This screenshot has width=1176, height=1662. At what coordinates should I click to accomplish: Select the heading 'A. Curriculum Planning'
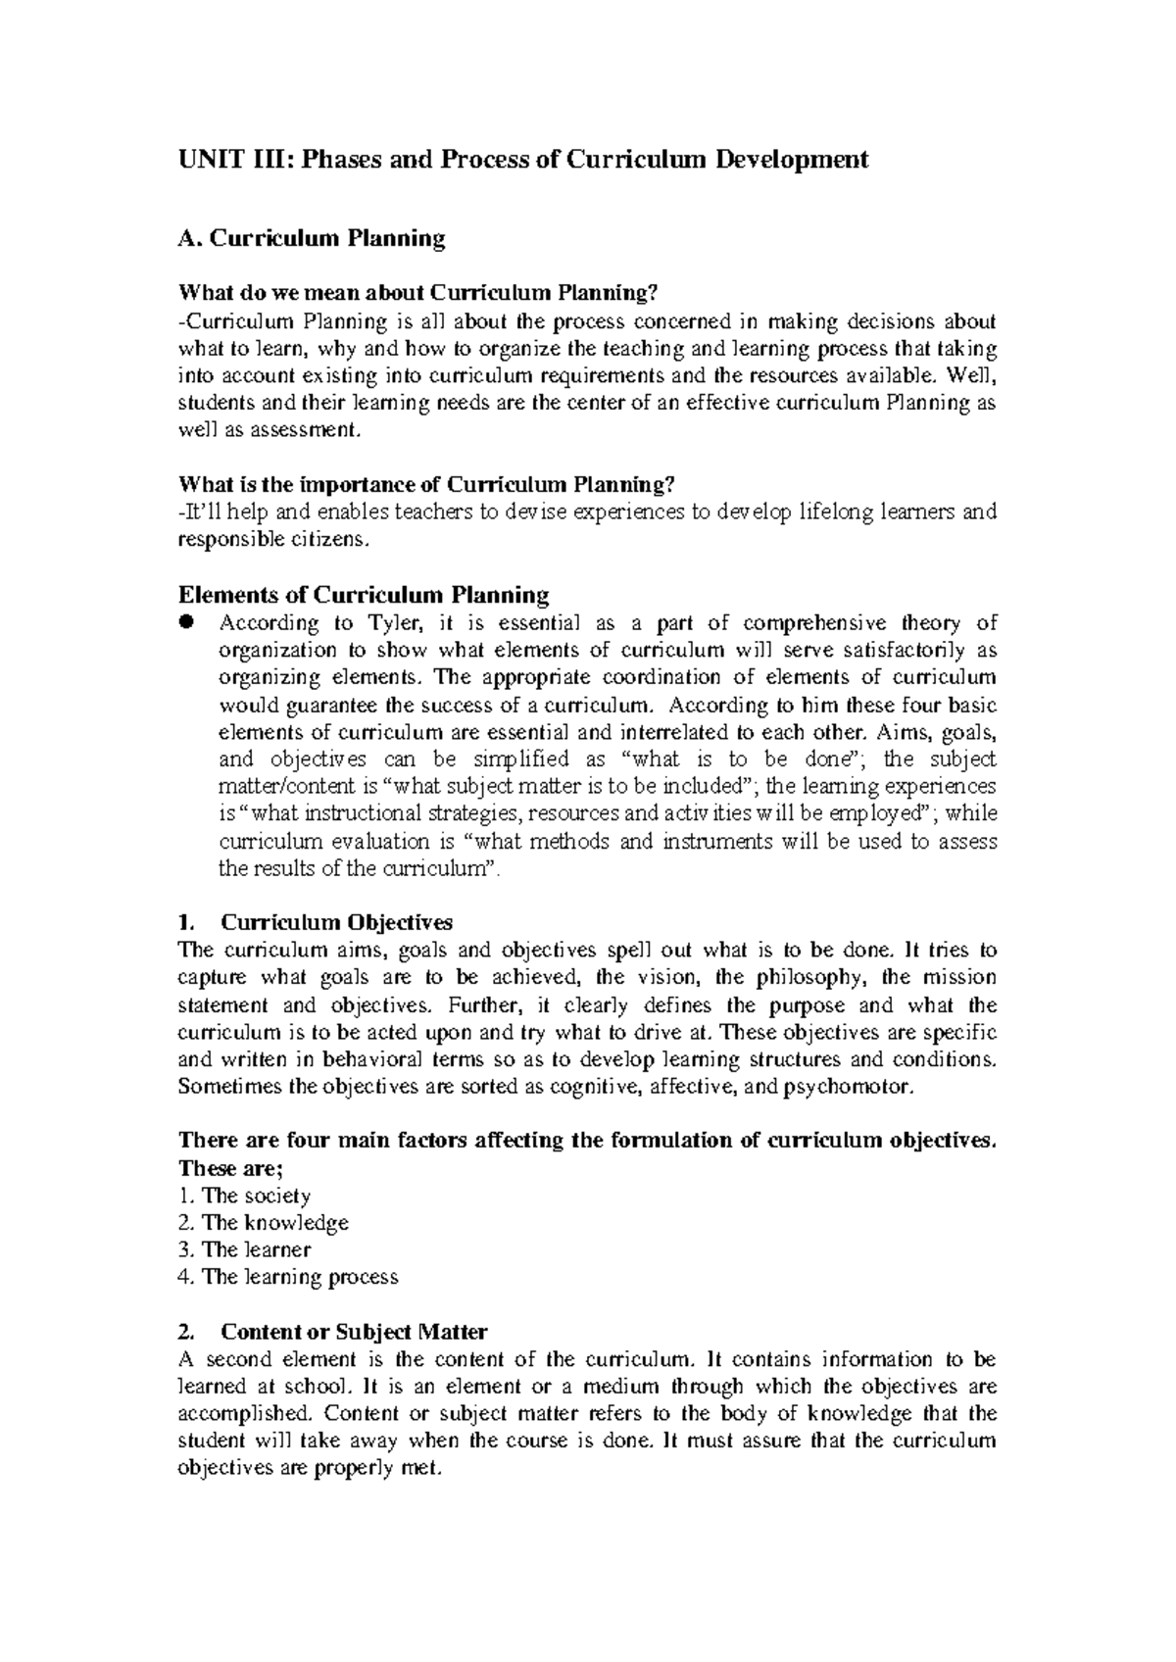click(x=311, y=238)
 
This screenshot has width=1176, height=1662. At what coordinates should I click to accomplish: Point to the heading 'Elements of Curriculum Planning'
click(x=363, y=595)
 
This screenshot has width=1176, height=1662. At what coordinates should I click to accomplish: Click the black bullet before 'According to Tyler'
click(x=186, y=622)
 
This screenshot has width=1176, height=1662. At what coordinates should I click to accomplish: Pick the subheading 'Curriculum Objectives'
click(x=337, y=922)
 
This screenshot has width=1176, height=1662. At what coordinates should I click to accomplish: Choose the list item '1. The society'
click(x=244, y=1196)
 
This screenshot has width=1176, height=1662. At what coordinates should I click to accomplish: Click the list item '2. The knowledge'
click(x=263, y=1223)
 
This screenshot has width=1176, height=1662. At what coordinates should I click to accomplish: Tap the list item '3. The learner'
click(x=244, y=1249)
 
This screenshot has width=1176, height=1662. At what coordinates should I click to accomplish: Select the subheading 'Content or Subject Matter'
click(x=354, y=1332)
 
